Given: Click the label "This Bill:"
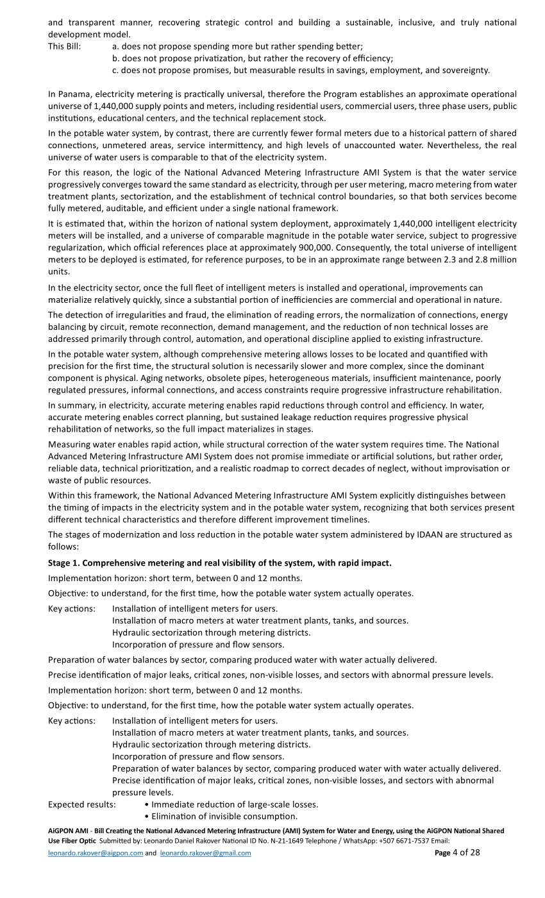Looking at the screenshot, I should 64,46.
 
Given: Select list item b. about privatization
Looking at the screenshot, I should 253,58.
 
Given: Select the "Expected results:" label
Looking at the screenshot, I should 82,804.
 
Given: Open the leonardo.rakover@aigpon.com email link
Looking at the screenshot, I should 96,853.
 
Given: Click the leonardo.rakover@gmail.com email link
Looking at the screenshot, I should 205,853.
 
